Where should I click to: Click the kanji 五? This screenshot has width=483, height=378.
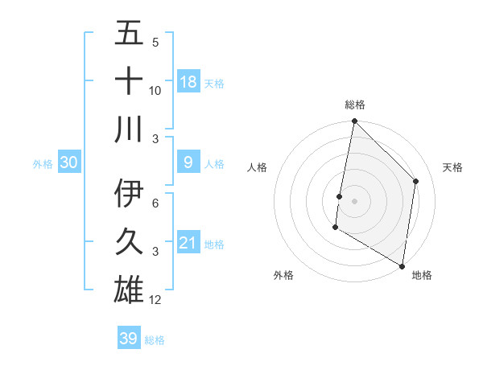coord(129,33)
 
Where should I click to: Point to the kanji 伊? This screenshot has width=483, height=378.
coord(129,194)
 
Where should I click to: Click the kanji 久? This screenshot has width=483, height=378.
coord(129,242)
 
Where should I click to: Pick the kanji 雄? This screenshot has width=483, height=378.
coord(129,290)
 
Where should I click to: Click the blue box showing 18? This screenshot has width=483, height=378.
coord(188,82)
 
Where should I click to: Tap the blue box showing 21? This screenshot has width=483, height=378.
coord(188,243)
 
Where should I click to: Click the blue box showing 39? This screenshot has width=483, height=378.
coord(128,339)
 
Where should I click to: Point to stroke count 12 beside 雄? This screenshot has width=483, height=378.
coord(155,300)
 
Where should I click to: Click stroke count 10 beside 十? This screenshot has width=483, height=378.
coord(155,90)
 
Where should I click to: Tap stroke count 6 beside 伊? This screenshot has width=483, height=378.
coord(155,203)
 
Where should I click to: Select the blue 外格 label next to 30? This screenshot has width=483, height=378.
coord(43,164)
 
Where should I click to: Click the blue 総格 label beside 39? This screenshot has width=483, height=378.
coord(155,340)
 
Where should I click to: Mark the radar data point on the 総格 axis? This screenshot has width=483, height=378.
coord(354,122)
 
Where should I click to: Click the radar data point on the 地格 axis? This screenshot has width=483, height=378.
coord(401,265)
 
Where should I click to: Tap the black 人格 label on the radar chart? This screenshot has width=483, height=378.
coord(258,167)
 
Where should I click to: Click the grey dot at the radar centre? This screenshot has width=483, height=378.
coord(354,200)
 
